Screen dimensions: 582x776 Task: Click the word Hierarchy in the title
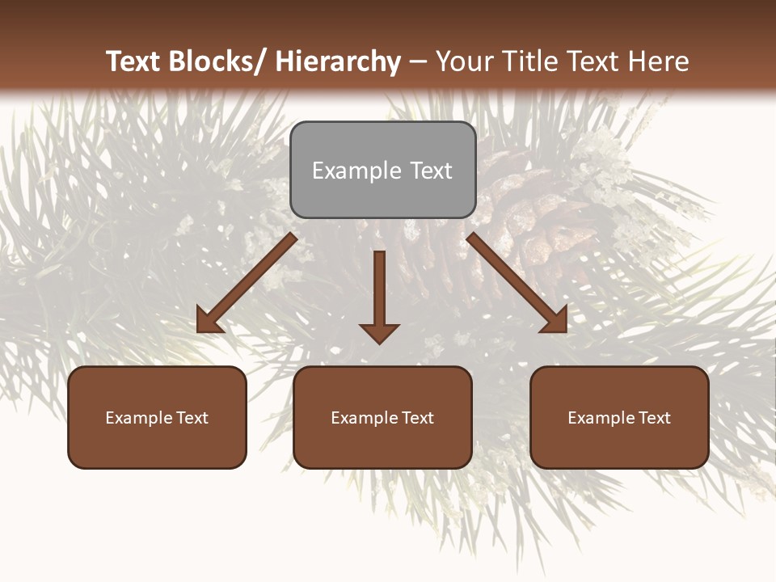[x=338, y=61]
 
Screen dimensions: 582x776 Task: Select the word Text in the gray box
[x=431, y=171]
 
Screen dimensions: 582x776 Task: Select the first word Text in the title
[x=133, y=61]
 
